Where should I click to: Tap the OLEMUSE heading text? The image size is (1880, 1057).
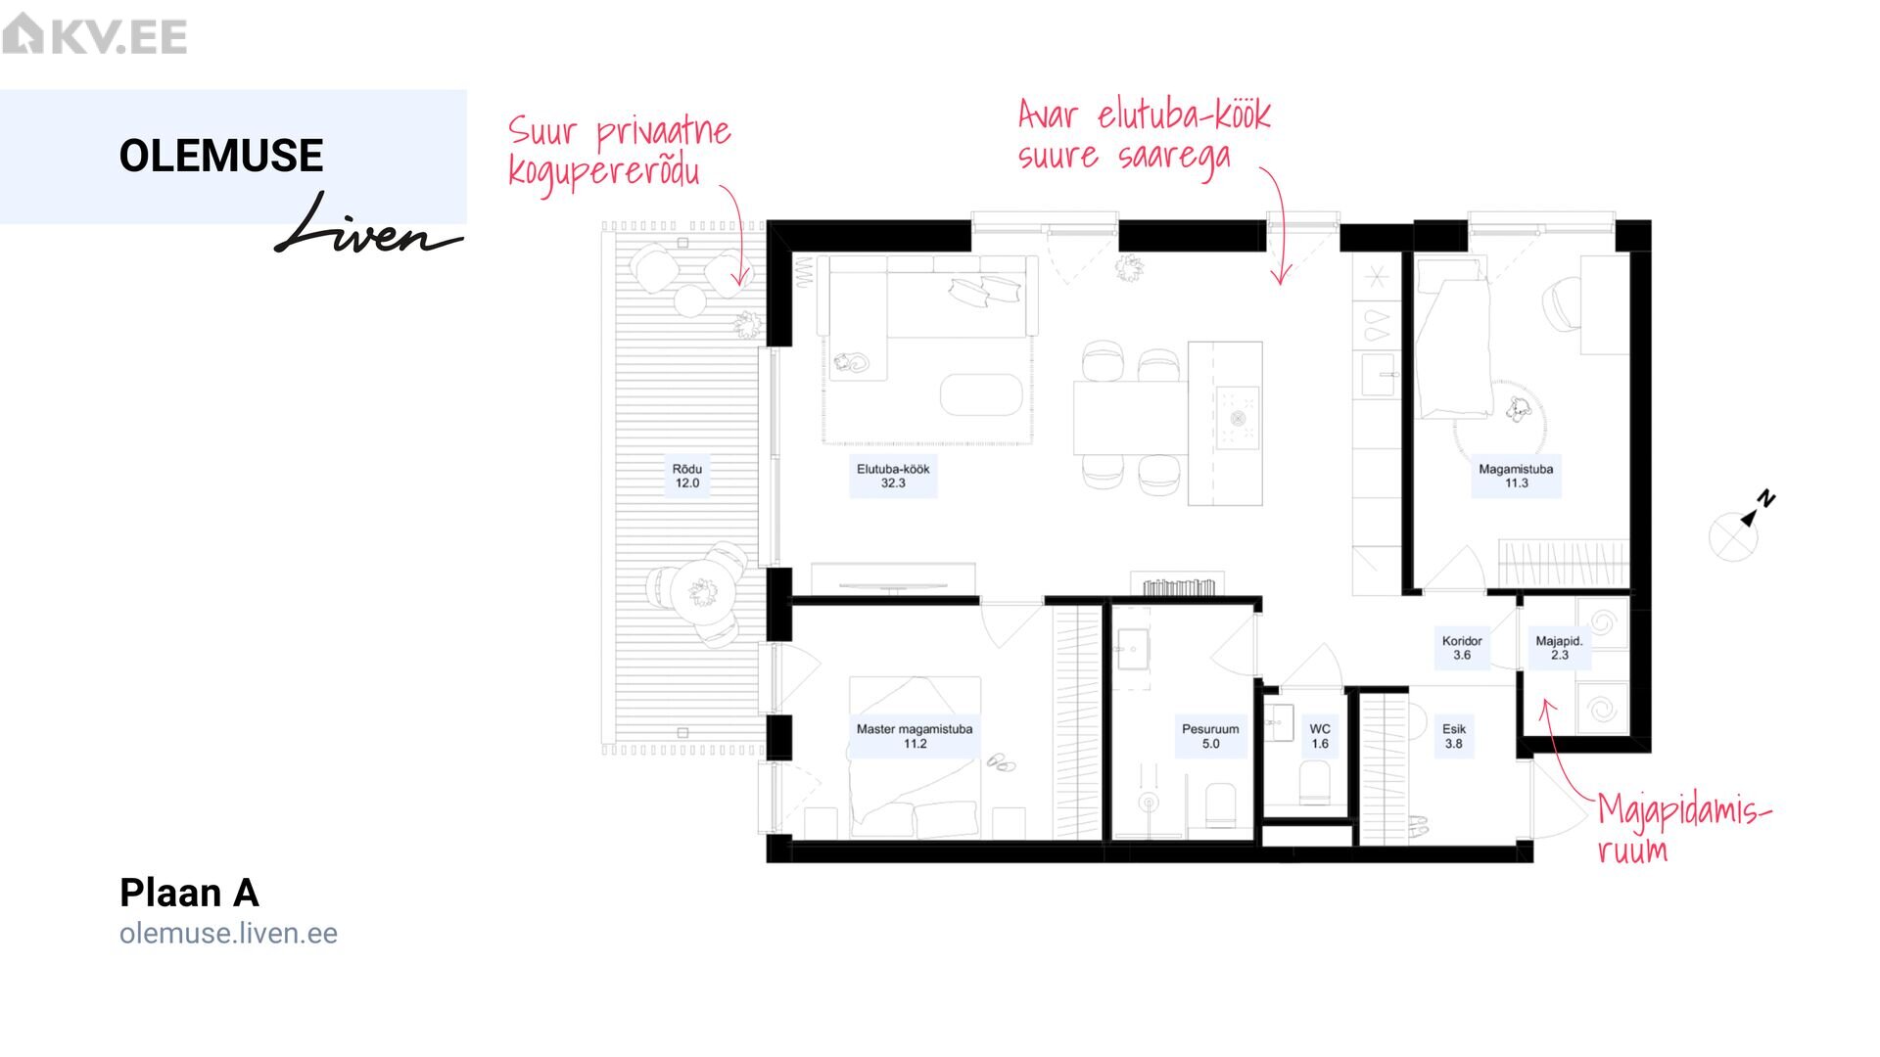[x=221, y=156]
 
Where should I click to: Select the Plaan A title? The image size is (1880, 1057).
[x=189, y=893]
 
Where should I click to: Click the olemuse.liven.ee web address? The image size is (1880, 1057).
[x=228, y=934]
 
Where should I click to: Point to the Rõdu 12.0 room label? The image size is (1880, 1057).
[x=687, y=476]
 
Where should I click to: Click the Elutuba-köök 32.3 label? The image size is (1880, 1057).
[x=893, y=476]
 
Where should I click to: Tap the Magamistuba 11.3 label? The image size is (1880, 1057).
[x=1516, y=476]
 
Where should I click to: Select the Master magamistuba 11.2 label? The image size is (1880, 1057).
[x=915, y=736]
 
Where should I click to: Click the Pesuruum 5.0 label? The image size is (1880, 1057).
[x=1210, y=736]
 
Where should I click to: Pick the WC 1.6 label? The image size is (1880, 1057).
[x=1320, y=736]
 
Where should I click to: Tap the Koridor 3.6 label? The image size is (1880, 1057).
[x=1462, y=648]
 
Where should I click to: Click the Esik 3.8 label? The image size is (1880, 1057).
[x=1454, y=736]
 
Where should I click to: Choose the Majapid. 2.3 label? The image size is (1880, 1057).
[x=1559, y=648]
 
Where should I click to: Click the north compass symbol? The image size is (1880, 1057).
[x=1741, y=527]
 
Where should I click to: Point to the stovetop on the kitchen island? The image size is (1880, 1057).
[x=1238, y=418]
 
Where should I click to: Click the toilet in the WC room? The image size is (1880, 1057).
[x=1314, y=783]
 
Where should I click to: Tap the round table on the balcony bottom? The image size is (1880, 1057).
[x=702, y=591]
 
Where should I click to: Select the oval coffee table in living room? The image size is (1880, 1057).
[x=981, y=393]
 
